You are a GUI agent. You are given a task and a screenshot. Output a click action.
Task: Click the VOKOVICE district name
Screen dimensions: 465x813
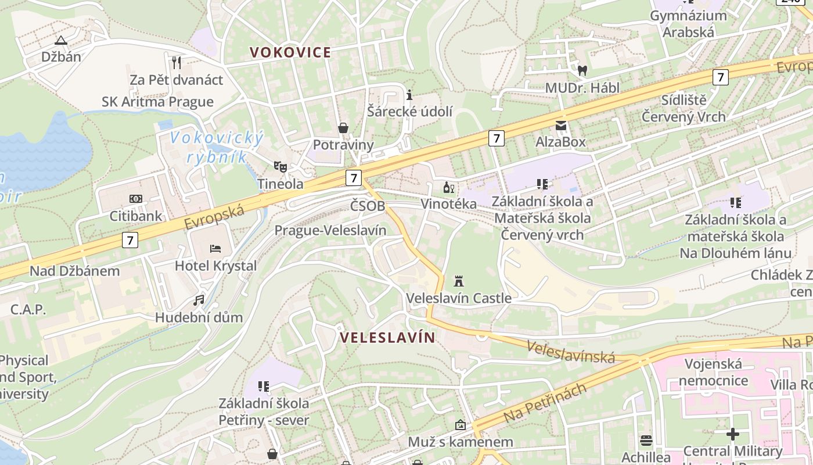tap(290, 52)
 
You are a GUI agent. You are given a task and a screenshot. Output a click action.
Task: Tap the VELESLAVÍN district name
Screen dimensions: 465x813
tap(387, 338)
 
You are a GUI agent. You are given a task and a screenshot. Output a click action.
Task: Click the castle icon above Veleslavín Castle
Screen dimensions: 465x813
tap(459, 281)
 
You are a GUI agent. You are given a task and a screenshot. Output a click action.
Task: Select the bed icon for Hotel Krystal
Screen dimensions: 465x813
tap(215, 249)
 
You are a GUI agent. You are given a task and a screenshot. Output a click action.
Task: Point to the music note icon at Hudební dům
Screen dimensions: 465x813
tap(199, 301)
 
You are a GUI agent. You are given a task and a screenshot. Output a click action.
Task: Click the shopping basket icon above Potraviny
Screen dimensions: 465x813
tap(343, 128)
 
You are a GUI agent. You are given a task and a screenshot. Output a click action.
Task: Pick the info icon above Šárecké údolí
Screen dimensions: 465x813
tap(409, 94)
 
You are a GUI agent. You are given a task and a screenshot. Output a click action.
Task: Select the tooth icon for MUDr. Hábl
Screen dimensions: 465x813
tap(582, 71)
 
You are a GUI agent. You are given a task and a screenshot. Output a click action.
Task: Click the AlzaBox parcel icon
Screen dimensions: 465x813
tap(560, 125)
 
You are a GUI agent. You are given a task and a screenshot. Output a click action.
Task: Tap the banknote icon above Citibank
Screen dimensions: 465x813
tap(136, 199)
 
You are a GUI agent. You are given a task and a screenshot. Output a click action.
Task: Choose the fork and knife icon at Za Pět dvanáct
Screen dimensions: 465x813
tap(177, 62)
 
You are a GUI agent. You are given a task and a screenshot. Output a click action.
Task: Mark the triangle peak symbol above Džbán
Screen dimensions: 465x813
tap(61, 40)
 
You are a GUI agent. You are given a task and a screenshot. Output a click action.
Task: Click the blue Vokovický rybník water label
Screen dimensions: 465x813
tap(217, 147)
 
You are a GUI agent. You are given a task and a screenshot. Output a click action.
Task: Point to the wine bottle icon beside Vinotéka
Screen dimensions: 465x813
tap(448, 187)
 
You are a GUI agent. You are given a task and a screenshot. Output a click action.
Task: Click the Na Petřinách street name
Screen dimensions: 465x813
tap(545, 403)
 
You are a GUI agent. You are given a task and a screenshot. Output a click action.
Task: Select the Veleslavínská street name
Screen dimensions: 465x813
tap(571, 352)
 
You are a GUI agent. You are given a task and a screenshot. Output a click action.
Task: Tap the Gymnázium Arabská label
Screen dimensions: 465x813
tap(688, 24)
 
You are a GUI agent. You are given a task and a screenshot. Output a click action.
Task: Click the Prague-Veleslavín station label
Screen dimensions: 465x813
tap(330, 230)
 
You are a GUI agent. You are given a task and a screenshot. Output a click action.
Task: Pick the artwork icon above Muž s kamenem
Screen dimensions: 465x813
tap(461, 425)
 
